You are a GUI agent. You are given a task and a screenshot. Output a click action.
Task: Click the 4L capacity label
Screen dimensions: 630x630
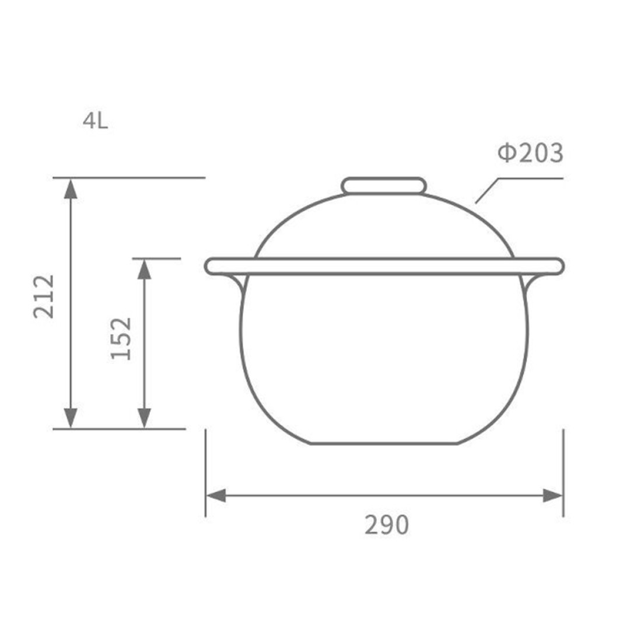(x=95, y=121)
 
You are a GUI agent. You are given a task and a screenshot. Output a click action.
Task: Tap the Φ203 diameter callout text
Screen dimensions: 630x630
(x=530, y=153)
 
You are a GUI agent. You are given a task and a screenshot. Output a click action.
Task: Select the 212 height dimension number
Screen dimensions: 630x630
(x=44, y=296)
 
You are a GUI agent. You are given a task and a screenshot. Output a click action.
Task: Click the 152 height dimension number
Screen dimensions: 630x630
(x=121, y=338)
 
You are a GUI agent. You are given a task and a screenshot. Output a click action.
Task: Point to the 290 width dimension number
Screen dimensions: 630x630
(x=387, y=526)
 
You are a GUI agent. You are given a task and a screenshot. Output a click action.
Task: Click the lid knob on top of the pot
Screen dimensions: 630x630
(x=384, y=186)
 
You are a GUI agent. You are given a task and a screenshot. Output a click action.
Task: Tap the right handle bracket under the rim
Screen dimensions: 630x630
(x=531, y=284)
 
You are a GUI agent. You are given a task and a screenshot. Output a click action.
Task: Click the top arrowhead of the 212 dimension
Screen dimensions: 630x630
(x=71, y=188)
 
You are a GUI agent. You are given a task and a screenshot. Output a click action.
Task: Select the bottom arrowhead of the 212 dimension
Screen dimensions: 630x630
(x=71, y=418)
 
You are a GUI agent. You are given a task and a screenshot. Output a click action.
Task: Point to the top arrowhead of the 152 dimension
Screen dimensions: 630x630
(x=144, y=268)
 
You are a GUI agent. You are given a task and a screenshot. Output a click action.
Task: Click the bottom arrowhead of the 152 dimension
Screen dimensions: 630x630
(x=144, y=418)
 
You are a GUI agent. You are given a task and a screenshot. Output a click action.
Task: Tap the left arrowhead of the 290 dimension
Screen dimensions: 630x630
(x=216, y=496)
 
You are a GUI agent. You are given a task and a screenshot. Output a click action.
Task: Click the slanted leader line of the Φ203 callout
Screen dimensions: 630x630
(x=487, y=191)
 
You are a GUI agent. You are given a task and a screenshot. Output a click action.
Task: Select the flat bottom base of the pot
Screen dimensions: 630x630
(x=384, y=443)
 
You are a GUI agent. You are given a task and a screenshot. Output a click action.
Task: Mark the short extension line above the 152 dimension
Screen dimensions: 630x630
(x=157, y=258)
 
